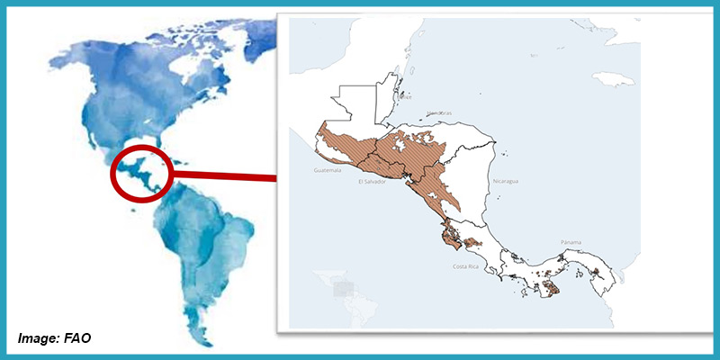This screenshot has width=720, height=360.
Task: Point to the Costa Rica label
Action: click(465, 267)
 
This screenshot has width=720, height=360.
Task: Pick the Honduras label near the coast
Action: click(438, 112)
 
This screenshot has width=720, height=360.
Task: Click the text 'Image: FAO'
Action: click(54, 338)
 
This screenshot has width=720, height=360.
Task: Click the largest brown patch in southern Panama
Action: click(548, 287)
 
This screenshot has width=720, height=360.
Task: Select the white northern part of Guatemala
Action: click(355, 106)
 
